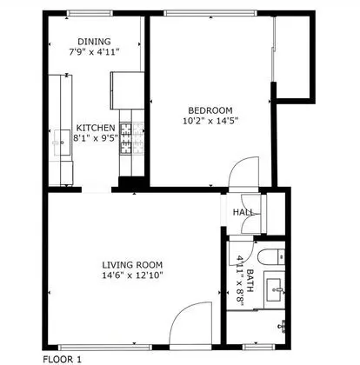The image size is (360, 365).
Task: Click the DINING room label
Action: click(94, 42)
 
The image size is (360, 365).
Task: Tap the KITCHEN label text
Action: click(96, 128)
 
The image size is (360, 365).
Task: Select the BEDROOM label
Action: click(210, 110)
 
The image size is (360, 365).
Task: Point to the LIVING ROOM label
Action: click(132, 265)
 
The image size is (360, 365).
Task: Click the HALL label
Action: click(243, 212)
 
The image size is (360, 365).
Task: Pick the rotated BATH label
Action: click(250, 281)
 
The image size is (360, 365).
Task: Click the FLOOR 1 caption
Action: click(63, 360)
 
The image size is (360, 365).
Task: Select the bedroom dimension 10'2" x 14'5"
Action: click(210, 121)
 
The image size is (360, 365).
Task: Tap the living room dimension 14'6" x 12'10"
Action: click(132, 275)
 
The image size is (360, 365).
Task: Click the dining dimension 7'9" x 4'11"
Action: click(94, 52)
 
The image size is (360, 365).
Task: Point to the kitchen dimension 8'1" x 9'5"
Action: click(96, 138)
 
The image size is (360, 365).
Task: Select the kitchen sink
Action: click(63, 143)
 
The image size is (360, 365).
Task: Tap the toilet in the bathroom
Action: click(271, 257)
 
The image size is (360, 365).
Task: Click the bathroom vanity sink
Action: click(274, 289)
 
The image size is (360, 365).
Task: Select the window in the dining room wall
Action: click(90, 13)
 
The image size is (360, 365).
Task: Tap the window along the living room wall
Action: click(105, 347)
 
